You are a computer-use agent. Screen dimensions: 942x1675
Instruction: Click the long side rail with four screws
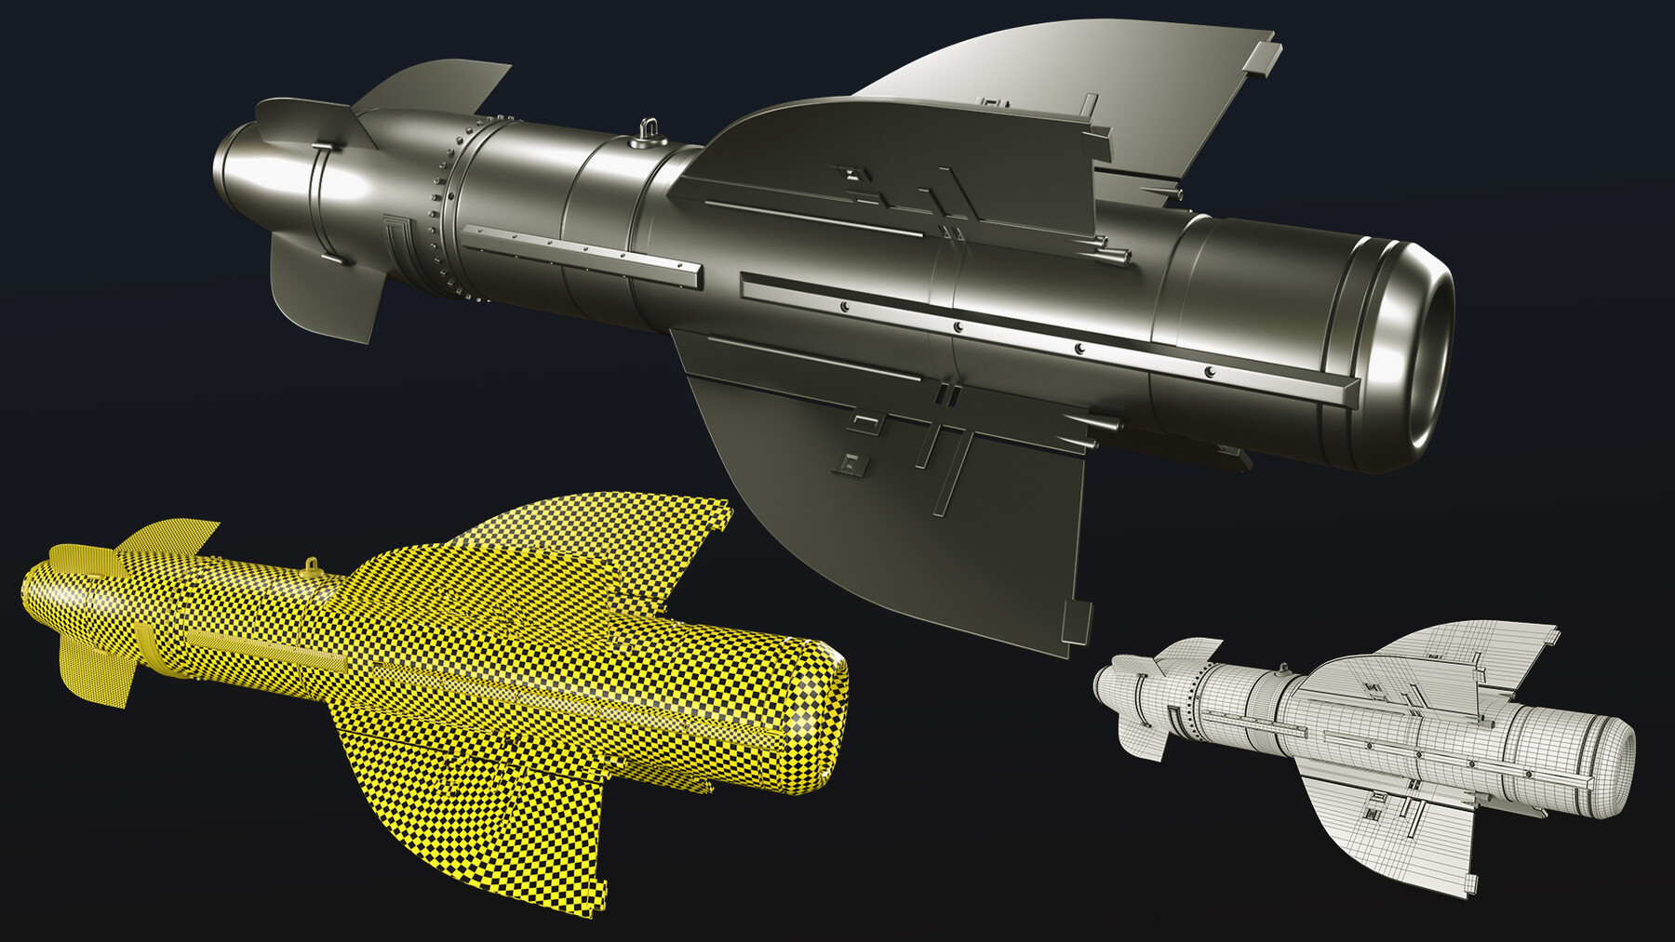tap(1042, 339)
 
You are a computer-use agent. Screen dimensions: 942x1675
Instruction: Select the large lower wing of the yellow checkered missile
tap(484, 818)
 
